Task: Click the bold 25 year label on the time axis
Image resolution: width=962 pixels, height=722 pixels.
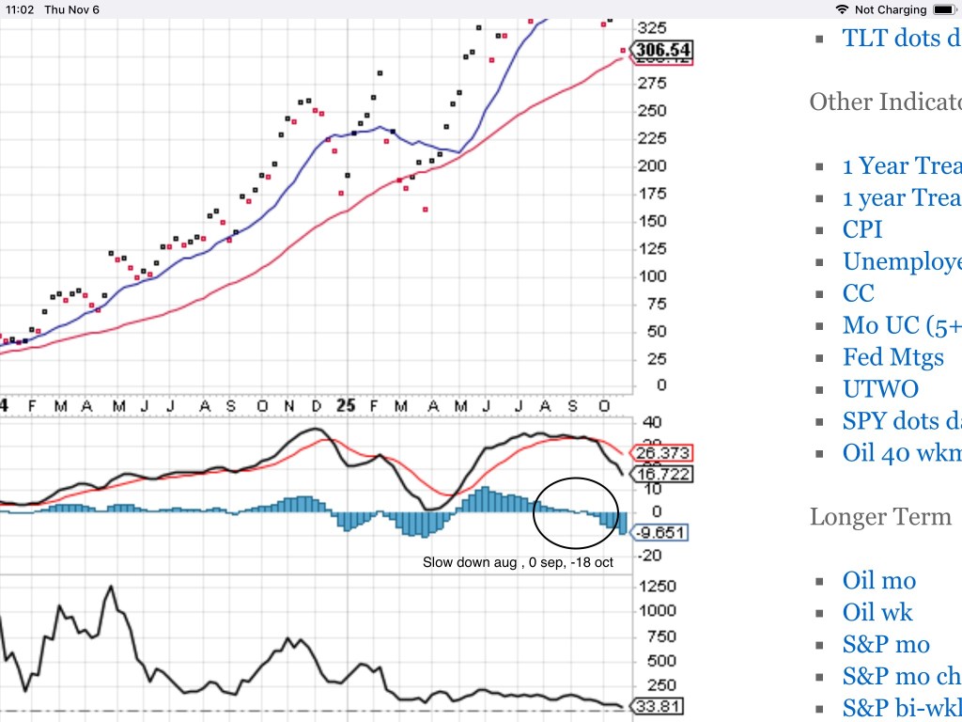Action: click(347, 405)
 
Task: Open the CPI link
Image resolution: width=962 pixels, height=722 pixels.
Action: click(862, 229)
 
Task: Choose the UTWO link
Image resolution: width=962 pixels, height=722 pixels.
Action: click(880, 389)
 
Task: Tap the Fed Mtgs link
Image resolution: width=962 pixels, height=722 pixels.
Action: click(892, 357)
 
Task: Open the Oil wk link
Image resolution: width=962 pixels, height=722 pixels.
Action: click(877, 613)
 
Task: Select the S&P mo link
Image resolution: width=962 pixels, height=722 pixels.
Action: click(886, 645)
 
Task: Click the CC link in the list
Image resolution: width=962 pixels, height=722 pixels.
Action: click(859, 293)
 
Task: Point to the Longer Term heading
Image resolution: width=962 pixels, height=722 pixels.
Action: click(880, 516)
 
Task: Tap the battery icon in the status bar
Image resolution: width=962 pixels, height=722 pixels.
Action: click(943, 9)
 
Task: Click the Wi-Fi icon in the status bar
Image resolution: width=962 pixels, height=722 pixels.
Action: click(840, 9)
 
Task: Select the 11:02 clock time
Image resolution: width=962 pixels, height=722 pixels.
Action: click(20, 9)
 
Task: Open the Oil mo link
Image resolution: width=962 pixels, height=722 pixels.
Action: click(879, 581)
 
